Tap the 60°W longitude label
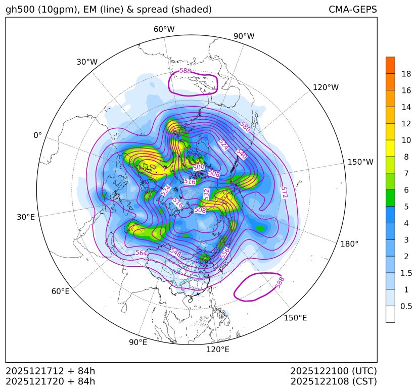click(164, 29)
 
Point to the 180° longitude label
click(349, 244)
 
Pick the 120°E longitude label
click(218, 350)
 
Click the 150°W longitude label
click(360, 162)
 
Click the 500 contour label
click(199, 167)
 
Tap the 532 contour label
click(206, 193)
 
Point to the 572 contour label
click(284, 192)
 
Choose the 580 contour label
click(246, 126)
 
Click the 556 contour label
click(225, 253)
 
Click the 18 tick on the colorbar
click(406, 74)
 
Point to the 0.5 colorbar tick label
click(406, 306)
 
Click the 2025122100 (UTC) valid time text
click(334, 371)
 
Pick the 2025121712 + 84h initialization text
click(50, 371)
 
